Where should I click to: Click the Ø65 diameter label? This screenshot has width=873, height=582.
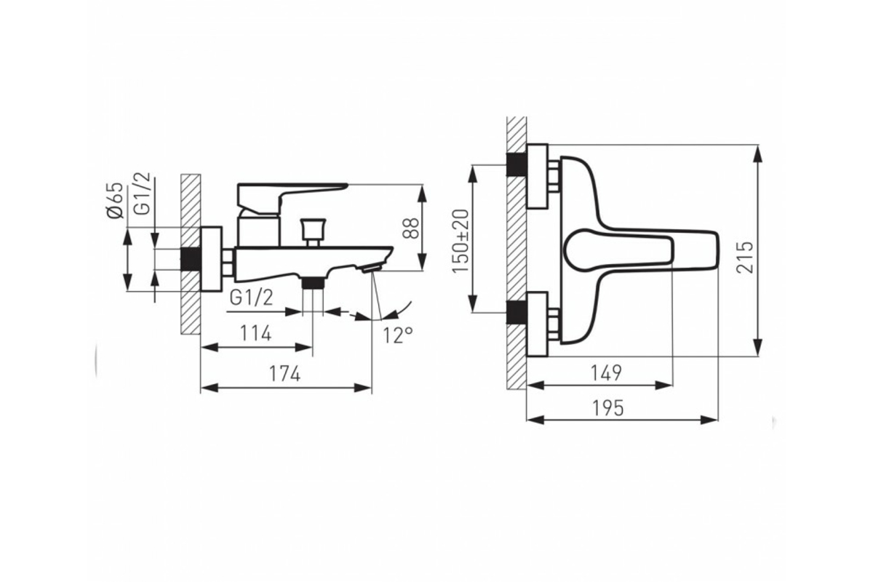(116, 200)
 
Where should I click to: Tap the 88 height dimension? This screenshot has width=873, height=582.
(411, 228)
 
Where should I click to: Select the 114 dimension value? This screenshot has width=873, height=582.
(255, 333)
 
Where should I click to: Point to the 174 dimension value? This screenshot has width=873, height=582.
(285, 374)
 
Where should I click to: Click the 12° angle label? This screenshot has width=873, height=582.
(397, 335)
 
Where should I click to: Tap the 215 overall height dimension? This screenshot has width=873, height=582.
(745, 257)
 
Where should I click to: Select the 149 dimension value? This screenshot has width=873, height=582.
(606, 373)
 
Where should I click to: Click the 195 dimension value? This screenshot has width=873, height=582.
(608, 409)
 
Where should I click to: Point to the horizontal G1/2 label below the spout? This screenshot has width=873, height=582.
(252, 298)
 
